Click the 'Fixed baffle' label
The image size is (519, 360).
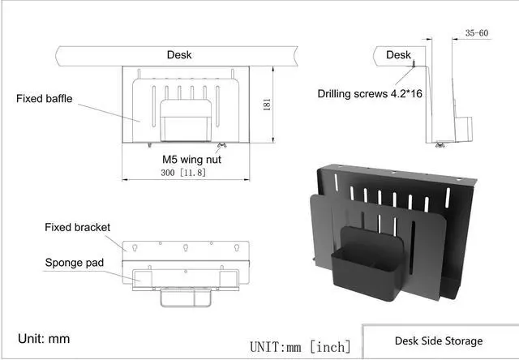45,99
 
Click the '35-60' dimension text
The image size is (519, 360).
476,33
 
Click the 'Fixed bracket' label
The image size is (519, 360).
77,227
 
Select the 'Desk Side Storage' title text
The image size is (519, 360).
438,341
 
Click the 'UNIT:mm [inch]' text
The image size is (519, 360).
300,346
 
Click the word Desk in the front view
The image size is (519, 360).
180,54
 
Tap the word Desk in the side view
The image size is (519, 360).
398,54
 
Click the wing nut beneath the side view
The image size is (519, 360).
439,146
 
